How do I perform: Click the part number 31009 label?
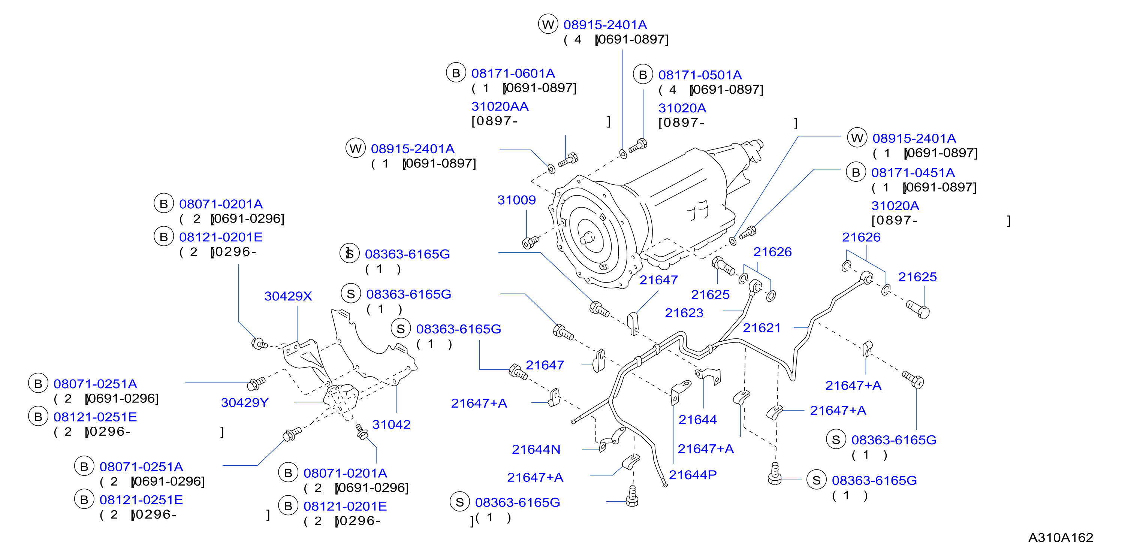(x=516, y=200)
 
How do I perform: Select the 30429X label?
(x=288, y=296)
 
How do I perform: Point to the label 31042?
(x=392, y=424)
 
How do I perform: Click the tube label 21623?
(x=684, y=313)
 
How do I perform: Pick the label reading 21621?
(x=762, y=328)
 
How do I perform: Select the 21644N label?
(x=536, y=449)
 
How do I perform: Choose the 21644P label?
(x=693, y=475)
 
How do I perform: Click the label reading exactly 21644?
(x=697, y=420)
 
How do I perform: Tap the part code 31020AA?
(x=500, y=106)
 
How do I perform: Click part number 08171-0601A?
(x=513, y=73)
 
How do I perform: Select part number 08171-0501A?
(x=700, y=75)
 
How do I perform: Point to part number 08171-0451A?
(x=913, y=173)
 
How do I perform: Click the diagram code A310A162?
(x=1061, y=538)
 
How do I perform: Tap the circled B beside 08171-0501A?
(x=643, y=75)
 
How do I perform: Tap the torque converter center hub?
(x=587, y=238)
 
